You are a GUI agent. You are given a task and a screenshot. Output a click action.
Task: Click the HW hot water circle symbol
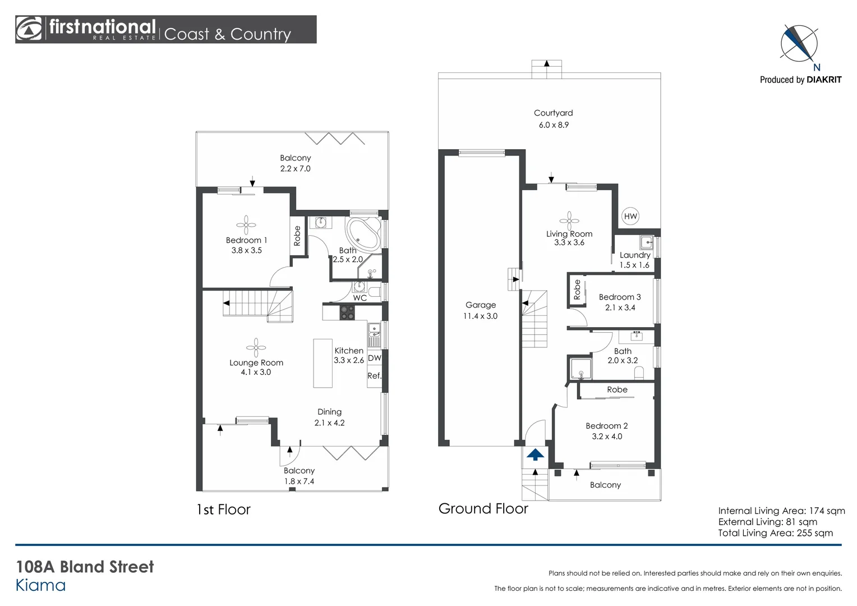click(x=630, y=216)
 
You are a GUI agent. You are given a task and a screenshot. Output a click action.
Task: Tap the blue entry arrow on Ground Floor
click(x=536, y=454)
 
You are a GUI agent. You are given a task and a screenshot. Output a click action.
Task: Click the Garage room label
click(x=481, y=305)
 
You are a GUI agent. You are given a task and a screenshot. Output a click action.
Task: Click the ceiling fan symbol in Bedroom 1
click(x=246, y=225)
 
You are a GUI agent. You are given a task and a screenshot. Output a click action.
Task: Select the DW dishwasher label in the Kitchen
click(x=374, y=358)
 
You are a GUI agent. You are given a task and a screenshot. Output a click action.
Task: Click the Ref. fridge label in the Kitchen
click(x=374, y=376)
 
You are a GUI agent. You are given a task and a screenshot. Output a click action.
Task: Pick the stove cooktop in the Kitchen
click(x=347, y=312)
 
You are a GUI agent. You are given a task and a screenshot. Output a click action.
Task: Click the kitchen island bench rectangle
click(x=322, y=363)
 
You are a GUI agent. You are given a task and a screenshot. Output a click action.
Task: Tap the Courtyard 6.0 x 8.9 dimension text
click(x=554, y=125)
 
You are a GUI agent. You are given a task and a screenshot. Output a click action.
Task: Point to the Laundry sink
click(x=646, y=243)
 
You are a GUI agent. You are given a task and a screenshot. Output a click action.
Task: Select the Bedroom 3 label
click(x=620, y=297)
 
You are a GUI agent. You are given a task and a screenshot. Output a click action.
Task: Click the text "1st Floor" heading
click(x=223, y=509)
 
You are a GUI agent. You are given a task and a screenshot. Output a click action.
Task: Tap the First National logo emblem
click(x=29, y=29)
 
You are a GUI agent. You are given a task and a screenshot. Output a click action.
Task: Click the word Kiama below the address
click(x=40, y=585)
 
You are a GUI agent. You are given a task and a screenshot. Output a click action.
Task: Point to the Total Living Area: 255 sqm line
click(x=775, y=533)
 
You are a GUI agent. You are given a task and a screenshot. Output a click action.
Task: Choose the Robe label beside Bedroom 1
click(x=297, y=236)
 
